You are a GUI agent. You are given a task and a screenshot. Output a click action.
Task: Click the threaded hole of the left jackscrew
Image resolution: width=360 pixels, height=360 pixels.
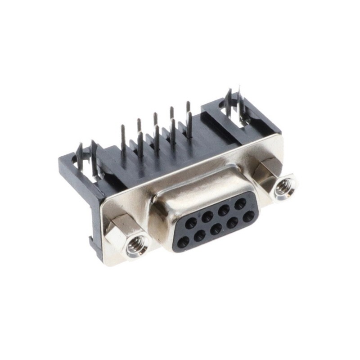tap(134, 246)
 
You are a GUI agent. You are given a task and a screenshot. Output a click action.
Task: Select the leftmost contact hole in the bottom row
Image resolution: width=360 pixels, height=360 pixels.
tap(183, 243)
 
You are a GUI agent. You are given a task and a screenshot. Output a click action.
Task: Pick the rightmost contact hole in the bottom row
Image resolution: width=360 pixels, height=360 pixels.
tap(248, 217)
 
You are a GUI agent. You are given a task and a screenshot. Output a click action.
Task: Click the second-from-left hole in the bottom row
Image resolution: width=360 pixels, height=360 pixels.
tap(200, 236)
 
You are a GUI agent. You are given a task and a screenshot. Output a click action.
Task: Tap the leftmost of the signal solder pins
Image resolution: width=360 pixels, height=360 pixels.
tap(123, 139)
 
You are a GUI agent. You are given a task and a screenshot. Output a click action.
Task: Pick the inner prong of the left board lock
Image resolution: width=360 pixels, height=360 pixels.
tap(94, 155)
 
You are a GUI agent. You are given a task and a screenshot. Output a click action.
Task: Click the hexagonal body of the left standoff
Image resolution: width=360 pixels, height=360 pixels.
tap(118, 229)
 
